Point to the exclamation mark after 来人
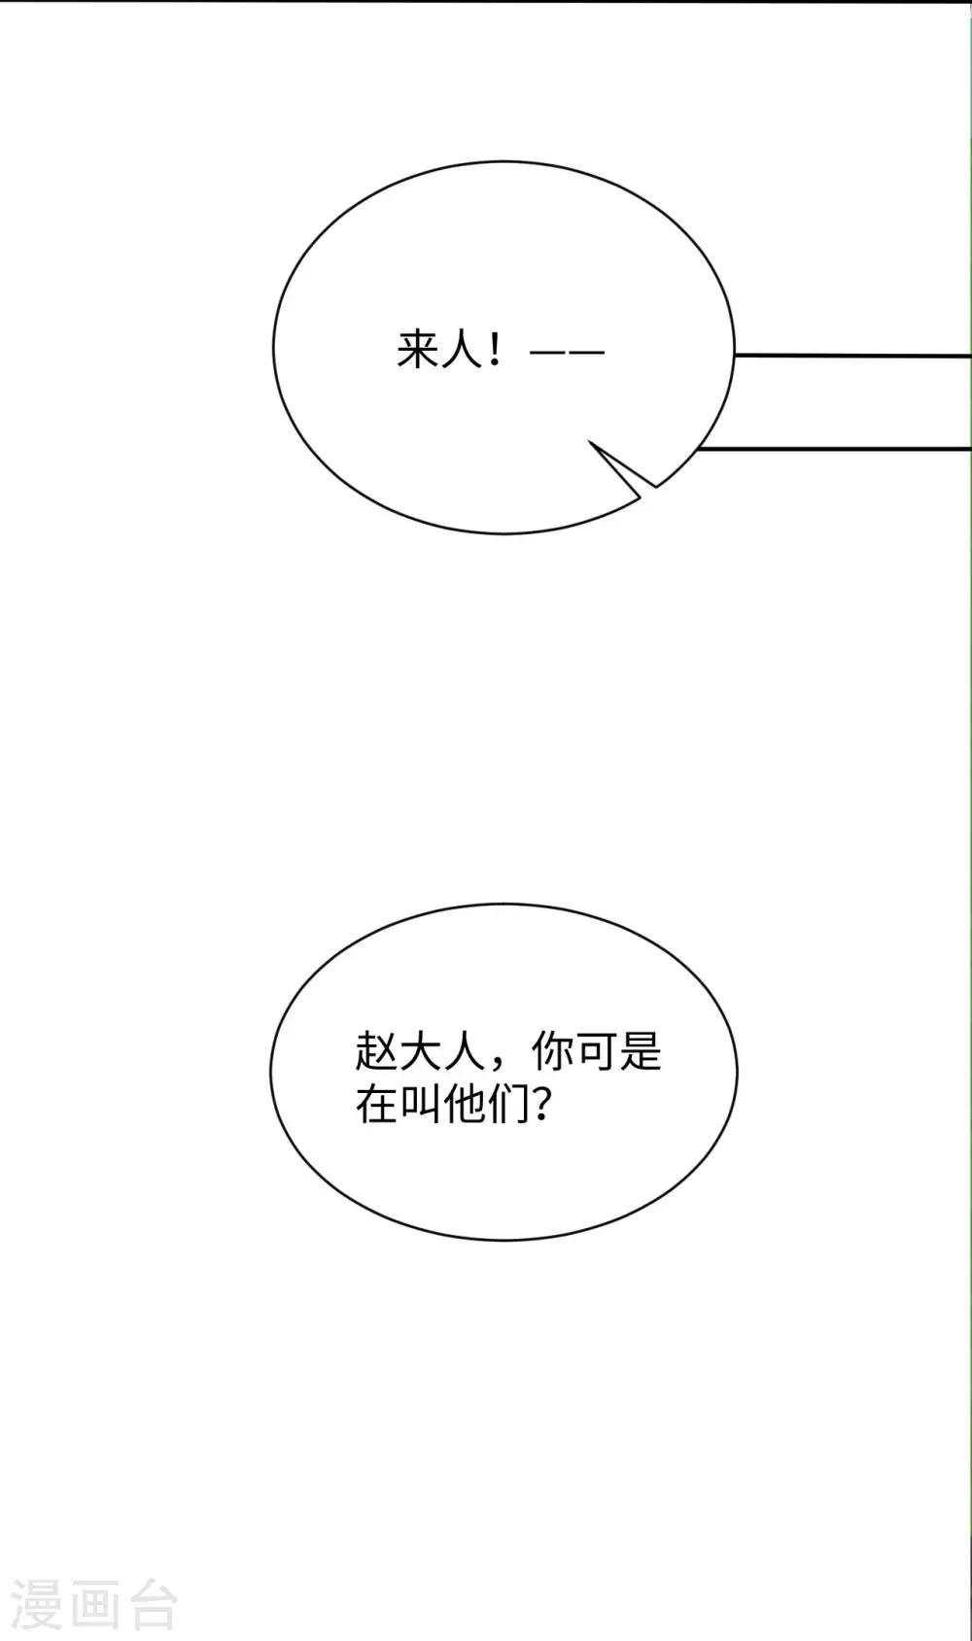[494, 351]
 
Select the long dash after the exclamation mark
[567, 353]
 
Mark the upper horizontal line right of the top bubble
[852, 356]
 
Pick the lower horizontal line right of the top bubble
[833, 448]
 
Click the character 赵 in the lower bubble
[377, 1051]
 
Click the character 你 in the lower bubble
[553, 1051]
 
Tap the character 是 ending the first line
[641, 1051]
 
